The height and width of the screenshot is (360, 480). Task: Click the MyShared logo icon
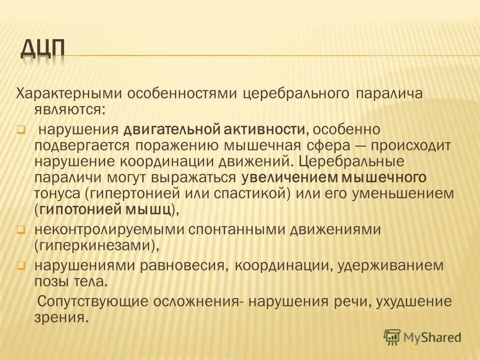pos(393,337)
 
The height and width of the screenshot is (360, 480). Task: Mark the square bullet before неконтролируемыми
pos(21,230)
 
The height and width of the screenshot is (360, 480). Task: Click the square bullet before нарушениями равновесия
pos(21,265)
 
